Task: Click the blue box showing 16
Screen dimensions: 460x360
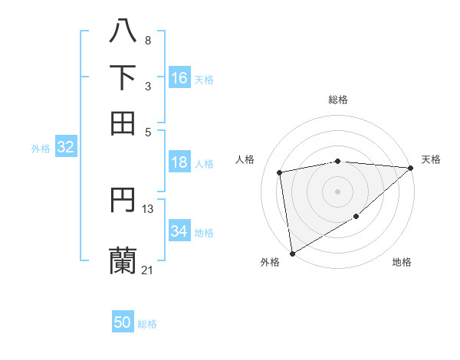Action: [x=179, y=78]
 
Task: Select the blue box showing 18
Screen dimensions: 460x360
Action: [x=179, y=162]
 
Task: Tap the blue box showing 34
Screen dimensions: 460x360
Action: [x=179, y=231]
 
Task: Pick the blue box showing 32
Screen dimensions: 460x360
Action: [x=65, y=148]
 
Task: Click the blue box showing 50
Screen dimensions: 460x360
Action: [x=123, y=322]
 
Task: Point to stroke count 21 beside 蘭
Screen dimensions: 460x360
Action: [x=147, y=270]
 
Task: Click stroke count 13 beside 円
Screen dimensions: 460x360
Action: [x=148, y=208]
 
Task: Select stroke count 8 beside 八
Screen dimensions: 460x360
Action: [x=147, y=40]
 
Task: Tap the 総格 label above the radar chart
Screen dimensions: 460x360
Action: [x=338, y=100]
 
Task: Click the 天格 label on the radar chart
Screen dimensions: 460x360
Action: [x=431, y=159]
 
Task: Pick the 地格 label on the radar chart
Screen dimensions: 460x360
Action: [x=402, y=262]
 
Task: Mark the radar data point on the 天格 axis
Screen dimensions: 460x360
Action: [x=411, y=168]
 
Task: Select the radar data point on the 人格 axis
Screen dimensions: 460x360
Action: [x=281, y=172]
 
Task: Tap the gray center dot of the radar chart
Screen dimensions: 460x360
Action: [x=338, y=191]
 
